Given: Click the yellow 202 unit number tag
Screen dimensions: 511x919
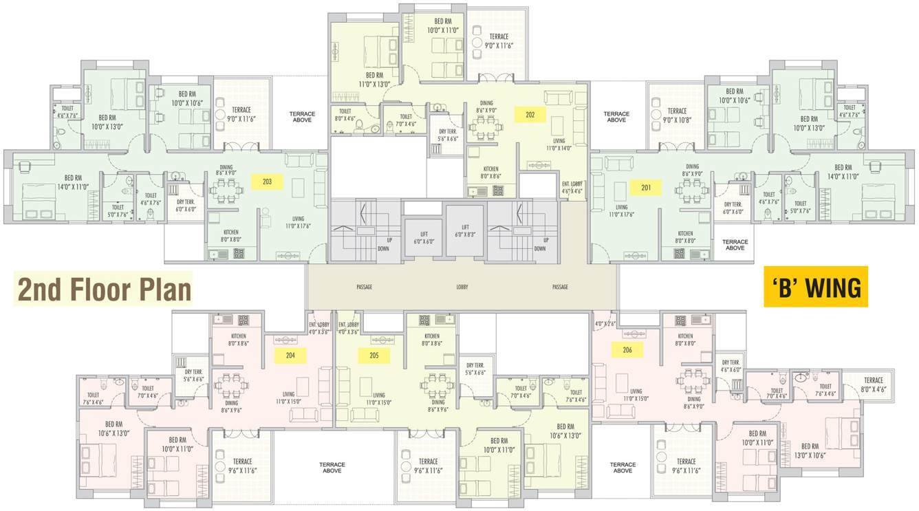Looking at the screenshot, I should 530,115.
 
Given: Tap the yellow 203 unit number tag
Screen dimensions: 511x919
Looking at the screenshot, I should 267,182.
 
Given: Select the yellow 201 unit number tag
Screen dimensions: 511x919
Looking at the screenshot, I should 646,188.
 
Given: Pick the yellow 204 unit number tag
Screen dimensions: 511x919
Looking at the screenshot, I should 290,356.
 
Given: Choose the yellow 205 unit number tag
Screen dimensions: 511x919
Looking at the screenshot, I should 374,356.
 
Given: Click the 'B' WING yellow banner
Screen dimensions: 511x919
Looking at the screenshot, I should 816,287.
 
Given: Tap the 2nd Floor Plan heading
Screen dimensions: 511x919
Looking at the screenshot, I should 104,290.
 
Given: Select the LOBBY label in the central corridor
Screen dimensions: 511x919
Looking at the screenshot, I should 462,287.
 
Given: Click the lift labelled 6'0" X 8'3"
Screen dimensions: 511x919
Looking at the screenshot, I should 465,230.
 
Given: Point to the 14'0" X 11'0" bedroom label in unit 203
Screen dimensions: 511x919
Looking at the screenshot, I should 73,182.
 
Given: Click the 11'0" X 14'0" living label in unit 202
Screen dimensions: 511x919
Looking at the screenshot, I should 559,145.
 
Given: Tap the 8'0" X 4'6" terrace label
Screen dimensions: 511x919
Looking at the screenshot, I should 873,384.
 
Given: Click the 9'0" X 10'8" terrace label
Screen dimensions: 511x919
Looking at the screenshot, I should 677,115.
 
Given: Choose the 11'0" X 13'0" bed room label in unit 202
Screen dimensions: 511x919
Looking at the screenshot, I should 374,80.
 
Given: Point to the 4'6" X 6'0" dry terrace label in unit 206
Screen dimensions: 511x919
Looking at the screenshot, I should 730,366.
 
